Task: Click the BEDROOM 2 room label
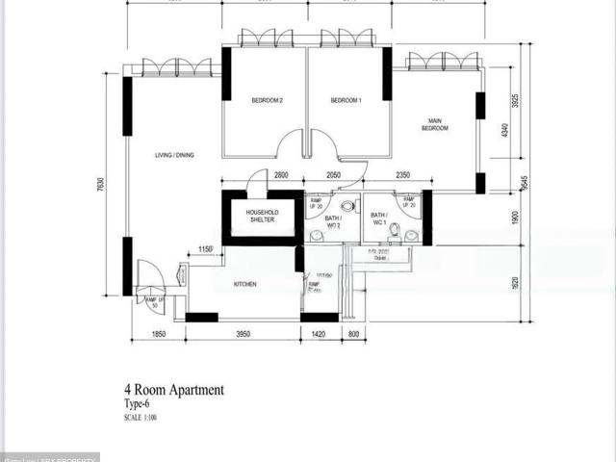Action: tap(267, 100)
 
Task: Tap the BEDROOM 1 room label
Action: tap(346, 100)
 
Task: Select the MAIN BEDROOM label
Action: tap(434, 124)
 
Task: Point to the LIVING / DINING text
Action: tap(175, 155)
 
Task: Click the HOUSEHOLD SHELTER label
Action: tap(261, 216)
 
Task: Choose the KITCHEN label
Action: tap(244, 284)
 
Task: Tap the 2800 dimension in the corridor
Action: tap(281, 175)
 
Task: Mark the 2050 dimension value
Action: tap(333, 175)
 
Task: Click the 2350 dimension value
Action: tap(402, 175)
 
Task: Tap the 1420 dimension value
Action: tap(320, 334)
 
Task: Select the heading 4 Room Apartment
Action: tap(173, 390)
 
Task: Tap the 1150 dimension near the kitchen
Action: tap(205, 250)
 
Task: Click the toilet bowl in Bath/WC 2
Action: tap(346, 206)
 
